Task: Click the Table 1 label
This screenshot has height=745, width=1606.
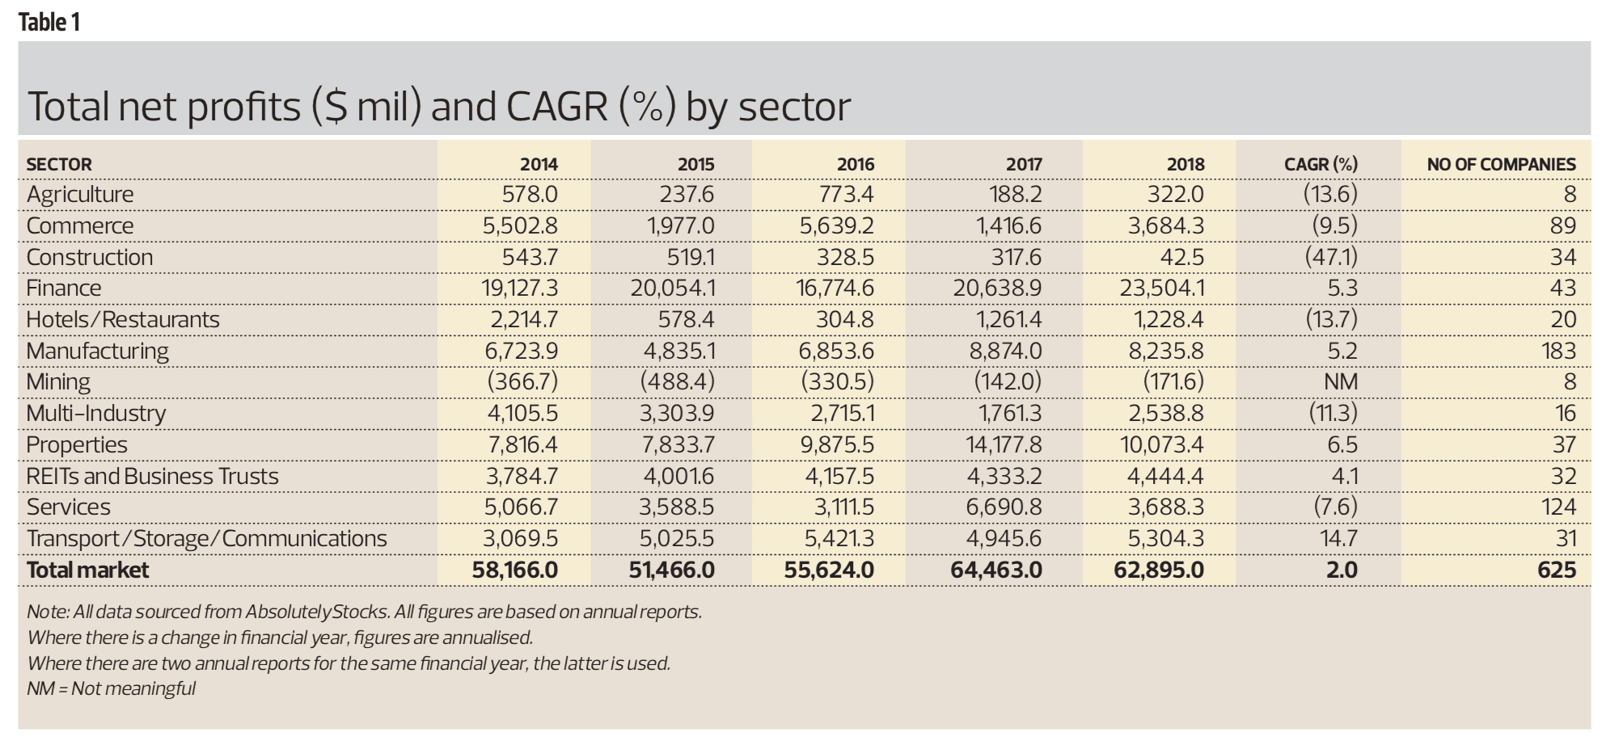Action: coord(49,22)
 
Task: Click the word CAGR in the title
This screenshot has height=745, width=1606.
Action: coord(556,107)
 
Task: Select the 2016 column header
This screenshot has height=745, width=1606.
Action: coord(856,164)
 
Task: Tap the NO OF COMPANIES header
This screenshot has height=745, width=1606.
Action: coord(1501,164)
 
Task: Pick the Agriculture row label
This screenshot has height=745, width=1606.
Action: coord(80,194)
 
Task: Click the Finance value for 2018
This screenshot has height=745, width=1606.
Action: coord(1162,288)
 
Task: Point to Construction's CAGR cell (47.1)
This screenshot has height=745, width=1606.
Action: coord(1331,257)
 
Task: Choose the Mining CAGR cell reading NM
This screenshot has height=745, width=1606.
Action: coord(1341,382)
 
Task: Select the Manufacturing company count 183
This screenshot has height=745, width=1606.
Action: coord(1558,351)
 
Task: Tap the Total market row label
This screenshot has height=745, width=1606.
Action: coord(87,570)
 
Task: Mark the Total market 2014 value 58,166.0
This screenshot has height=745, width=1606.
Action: coord(515,570)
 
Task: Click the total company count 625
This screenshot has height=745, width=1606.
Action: coord(1557,570)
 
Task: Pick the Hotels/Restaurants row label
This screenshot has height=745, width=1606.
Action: coord(123,320)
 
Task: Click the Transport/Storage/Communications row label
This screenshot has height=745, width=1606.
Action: coord(207,539)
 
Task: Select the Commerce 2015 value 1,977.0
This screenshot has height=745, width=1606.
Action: coord(680,225)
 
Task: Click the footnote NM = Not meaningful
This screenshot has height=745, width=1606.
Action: coord(112,688)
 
